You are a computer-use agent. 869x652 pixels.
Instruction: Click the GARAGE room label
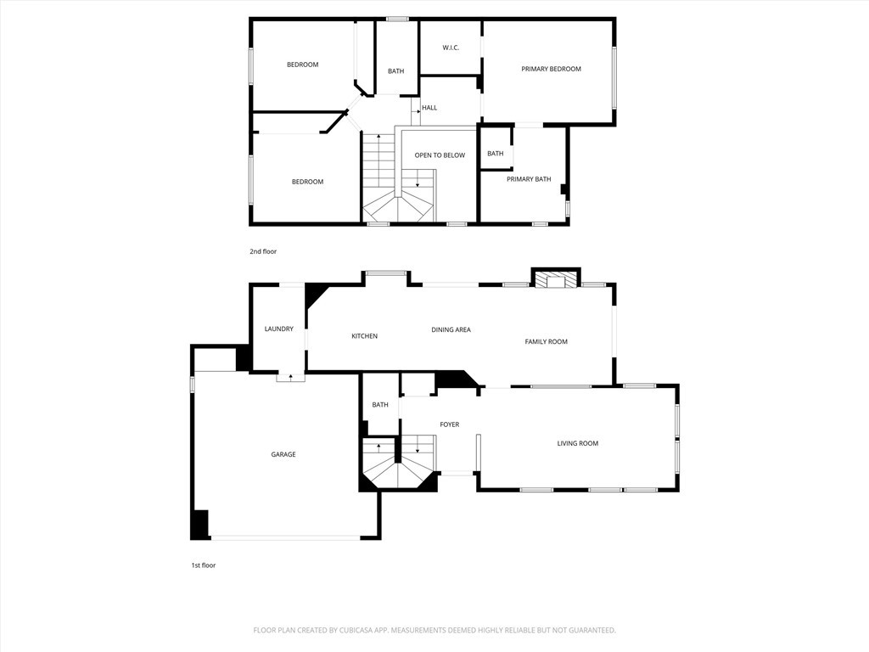coord(283,454)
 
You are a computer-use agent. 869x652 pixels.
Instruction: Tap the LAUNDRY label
coord(278,329)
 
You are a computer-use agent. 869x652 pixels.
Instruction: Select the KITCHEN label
coord(365,336)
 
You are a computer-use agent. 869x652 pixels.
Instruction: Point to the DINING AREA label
coord(451,329)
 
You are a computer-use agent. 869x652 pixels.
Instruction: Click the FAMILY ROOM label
coord(546,341)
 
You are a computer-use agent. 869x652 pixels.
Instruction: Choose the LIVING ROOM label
coord(577,443)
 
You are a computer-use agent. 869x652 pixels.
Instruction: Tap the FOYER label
coord(449,424)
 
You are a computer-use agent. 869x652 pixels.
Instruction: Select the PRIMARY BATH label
coord(529,179)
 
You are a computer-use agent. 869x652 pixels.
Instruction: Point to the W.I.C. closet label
coord(451,48)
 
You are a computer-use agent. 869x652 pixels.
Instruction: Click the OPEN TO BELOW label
coord(440,155)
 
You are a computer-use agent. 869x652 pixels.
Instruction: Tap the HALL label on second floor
coord(429,108)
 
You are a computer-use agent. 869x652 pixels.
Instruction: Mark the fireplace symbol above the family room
coord(556,280)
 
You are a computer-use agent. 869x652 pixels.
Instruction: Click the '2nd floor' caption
coord(263,251)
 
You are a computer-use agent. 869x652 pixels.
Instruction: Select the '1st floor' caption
coord(203,565)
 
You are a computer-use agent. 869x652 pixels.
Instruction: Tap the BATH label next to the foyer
coord(380,404)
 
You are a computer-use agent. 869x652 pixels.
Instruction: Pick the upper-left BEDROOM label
coord(302,65)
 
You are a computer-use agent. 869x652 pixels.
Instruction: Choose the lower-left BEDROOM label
coord(307,182)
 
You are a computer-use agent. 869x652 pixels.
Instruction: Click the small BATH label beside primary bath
coord(495,154)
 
